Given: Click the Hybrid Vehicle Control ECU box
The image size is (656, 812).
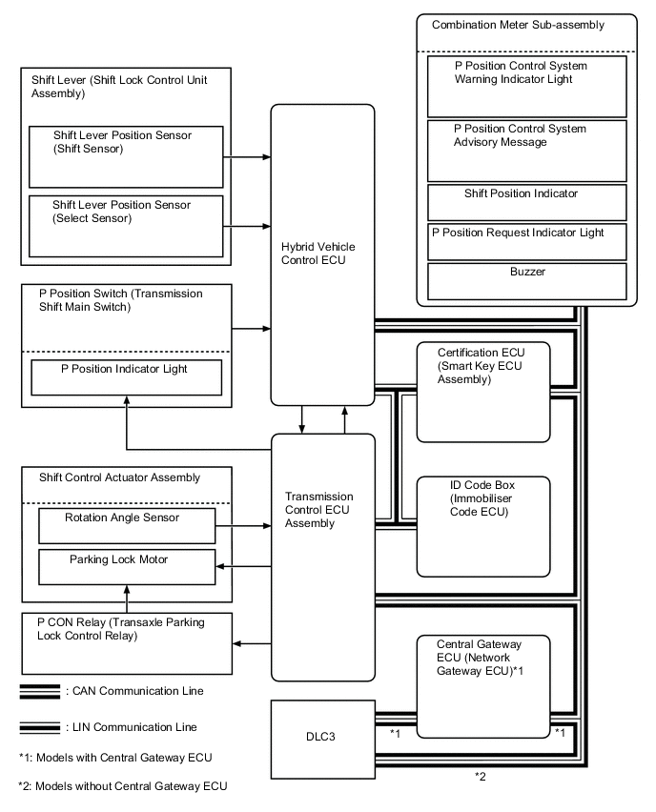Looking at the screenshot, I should click(322, 254).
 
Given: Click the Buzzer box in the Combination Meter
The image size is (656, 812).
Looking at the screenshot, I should click(527, 279).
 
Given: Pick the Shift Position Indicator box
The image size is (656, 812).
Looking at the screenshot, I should click(527, 202).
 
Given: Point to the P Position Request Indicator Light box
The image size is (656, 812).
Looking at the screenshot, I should click(527, 241).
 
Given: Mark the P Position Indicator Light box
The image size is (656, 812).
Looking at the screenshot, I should click(127, 376).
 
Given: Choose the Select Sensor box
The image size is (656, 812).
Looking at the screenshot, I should click(127, 224).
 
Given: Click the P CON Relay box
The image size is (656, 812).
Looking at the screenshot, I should click(127, 641).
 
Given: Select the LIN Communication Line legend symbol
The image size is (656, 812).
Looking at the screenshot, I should click(38, 727).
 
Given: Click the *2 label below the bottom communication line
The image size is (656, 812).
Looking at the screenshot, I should click(481, 778).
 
